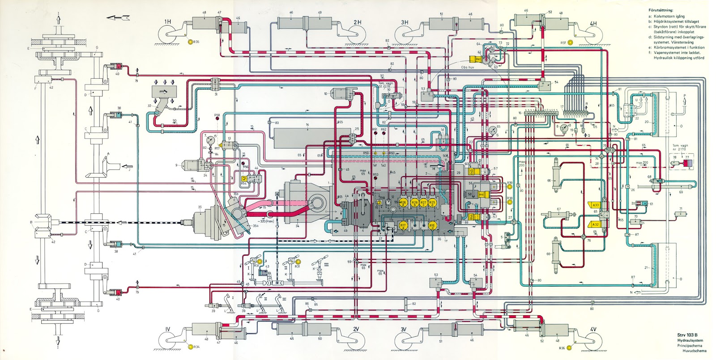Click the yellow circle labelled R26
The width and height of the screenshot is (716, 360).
403,203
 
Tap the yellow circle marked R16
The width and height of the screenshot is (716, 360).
432,225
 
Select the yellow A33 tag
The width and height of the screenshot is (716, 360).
595,205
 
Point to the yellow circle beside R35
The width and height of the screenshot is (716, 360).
190,42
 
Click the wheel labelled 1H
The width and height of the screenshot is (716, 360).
168,36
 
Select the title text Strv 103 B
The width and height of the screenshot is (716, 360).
687,335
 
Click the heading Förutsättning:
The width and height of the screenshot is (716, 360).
661,10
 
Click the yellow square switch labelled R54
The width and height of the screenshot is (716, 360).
244,178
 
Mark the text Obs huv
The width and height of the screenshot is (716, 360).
468,68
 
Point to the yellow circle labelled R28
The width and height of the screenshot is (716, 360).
414,203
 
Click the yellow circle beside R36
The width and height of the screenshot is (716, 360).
569,347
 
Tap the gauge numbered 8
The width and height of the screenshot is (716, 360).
563,128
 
